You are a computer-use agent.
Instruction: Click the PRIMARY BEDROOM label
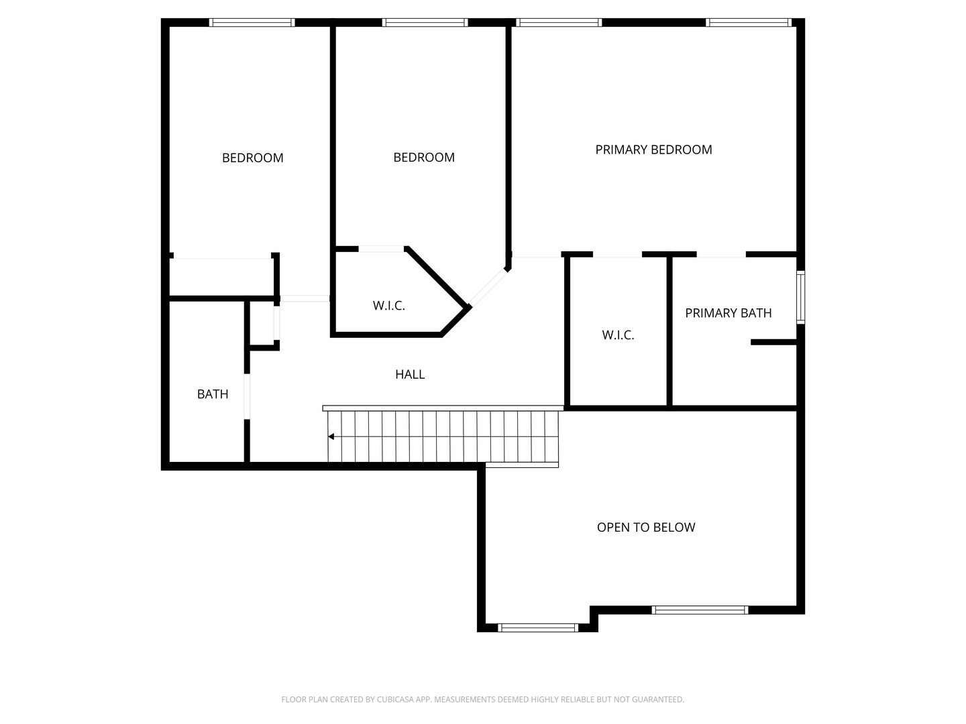(653, 149)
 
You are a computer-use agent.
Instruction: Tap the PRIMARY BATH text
(728, 313)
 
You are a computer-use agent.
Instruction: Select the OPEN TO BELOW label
(646, 528)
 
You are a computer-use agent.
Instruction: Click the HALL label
(409, 375)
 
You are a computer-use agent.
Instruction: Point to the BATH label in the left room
(213, 394)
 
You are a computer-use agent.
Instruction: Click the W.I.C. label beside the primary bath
(618, 335)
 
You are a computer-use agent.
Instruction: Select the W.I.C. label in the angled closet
(389, 306)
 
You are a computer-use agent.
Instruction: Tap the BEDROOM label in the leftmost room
(252, 158)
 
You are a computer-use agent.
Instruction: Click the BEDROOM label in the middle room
(424, 158)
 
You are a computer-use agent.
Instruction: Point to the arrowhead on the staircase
(331, 437)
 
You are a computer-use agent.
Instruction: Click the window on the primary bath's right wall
(800, 298)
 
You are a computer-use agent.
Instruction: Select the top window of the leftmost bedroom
(252, 23)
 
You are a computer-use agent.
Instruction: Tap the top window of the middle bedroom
(425, 23)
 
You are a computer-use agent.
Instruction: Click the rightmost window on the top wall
(749, 23)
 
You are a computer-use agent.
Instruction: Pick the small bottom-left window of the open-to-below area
(537, 627)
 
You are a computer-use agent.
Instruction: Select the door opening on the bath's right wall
(247, 397)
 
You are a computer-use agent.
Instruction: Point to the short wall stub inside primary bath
(773, 343)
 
